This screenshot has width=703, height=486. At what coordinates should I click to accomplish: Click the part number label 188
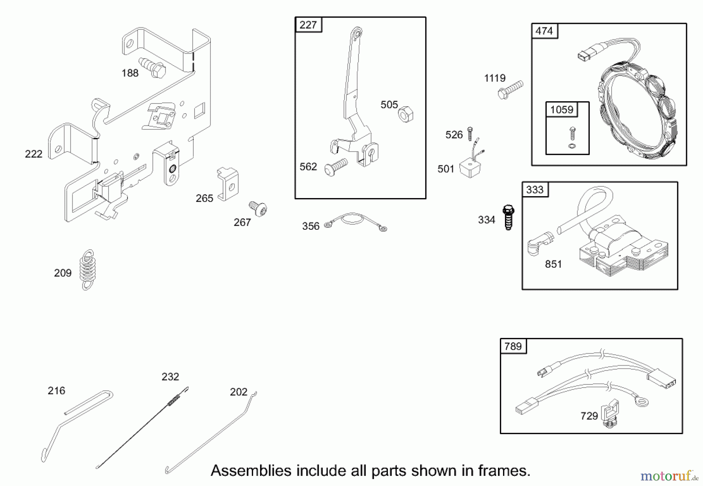[130, 73]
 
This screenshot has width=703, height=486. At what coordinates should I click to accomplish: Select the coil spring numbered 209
[87, 270]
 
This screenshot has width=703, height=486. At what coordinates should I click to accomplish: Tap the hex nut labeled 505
[406, 114]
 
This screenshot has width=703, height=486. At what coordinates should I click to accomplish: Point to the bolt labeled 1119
[510, 89]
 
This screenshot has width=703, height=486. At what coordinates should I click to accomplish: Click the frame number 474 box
[544, 31]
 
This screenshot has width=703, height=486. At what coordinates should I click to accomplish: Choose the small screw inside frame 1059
[572, 133]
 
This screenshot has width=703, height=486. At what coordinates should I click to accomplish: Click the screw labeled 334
[509, 217]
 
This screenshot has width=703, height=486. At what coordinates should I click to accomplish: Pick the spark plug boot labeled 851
[540, 243]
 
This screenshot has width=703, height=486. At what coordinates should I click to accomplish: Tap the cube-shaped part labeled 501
[470, 168]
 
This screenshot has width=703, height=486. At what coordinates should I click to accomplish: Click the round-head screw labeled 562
[336, 167]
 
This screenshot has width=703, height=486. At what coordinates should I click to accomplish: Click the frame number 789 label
[513, 346]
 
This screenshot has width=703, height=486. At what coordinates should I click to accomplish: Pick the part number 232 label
[170, 377]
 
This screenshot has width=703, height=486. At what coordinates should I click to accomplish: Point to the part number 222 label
[34, 154]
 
